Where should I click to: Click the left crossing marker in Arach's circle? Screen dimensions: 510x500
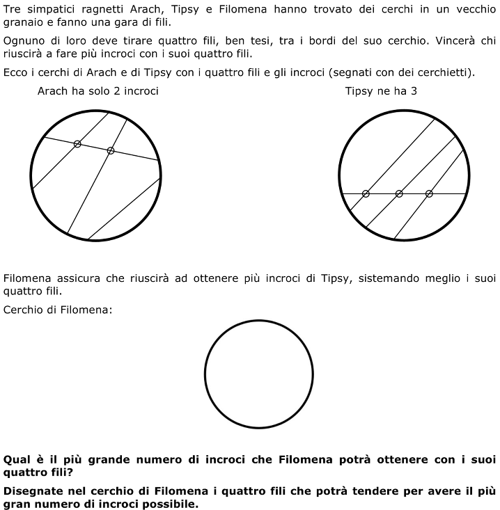[x=77, y=143]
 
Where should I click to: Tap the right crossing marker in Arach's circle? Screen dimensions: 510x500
[x=111, y=150]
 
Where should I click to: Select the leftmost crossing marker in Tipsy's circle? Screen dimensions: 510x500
[x=366, y=193]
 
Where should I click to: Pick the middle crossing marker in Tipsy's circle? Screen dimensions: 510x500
[x=399, y=193]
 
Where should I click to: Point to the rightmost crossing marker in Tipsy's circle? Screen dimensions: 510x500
[x=429, y=193]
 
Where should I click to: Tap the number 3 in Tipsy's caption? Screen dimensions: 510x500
[x=414, y=91]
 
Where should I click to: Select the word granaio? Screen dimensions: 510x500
[x=25, y=22]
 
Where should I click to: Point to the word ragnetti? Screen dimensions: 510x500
[x=110, y=8]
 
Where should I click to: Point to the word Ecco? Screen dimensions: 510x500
[x=15, y=72]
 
